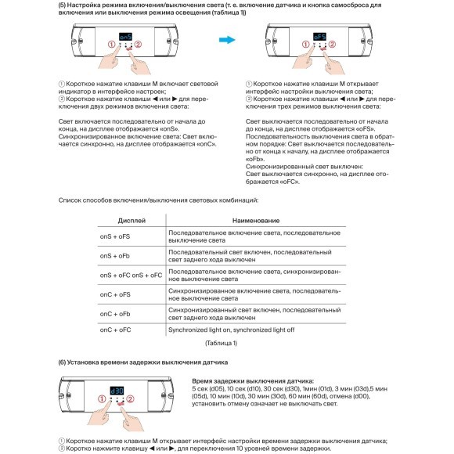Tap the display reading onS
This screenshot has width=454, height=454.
click(x=127, y=35)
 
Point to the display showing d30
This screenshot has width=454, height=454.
click(x=117, y=389)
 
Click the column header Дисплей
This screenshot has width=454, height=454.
click(x=131, y=222)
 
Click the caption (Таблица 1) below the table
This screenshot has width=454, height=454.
click(x=220, y=343)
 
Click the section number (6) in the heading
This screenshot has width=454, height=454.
click(x=63, y=362)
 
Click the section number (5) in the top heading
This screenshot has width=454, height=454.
click(x=63, y=5)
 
